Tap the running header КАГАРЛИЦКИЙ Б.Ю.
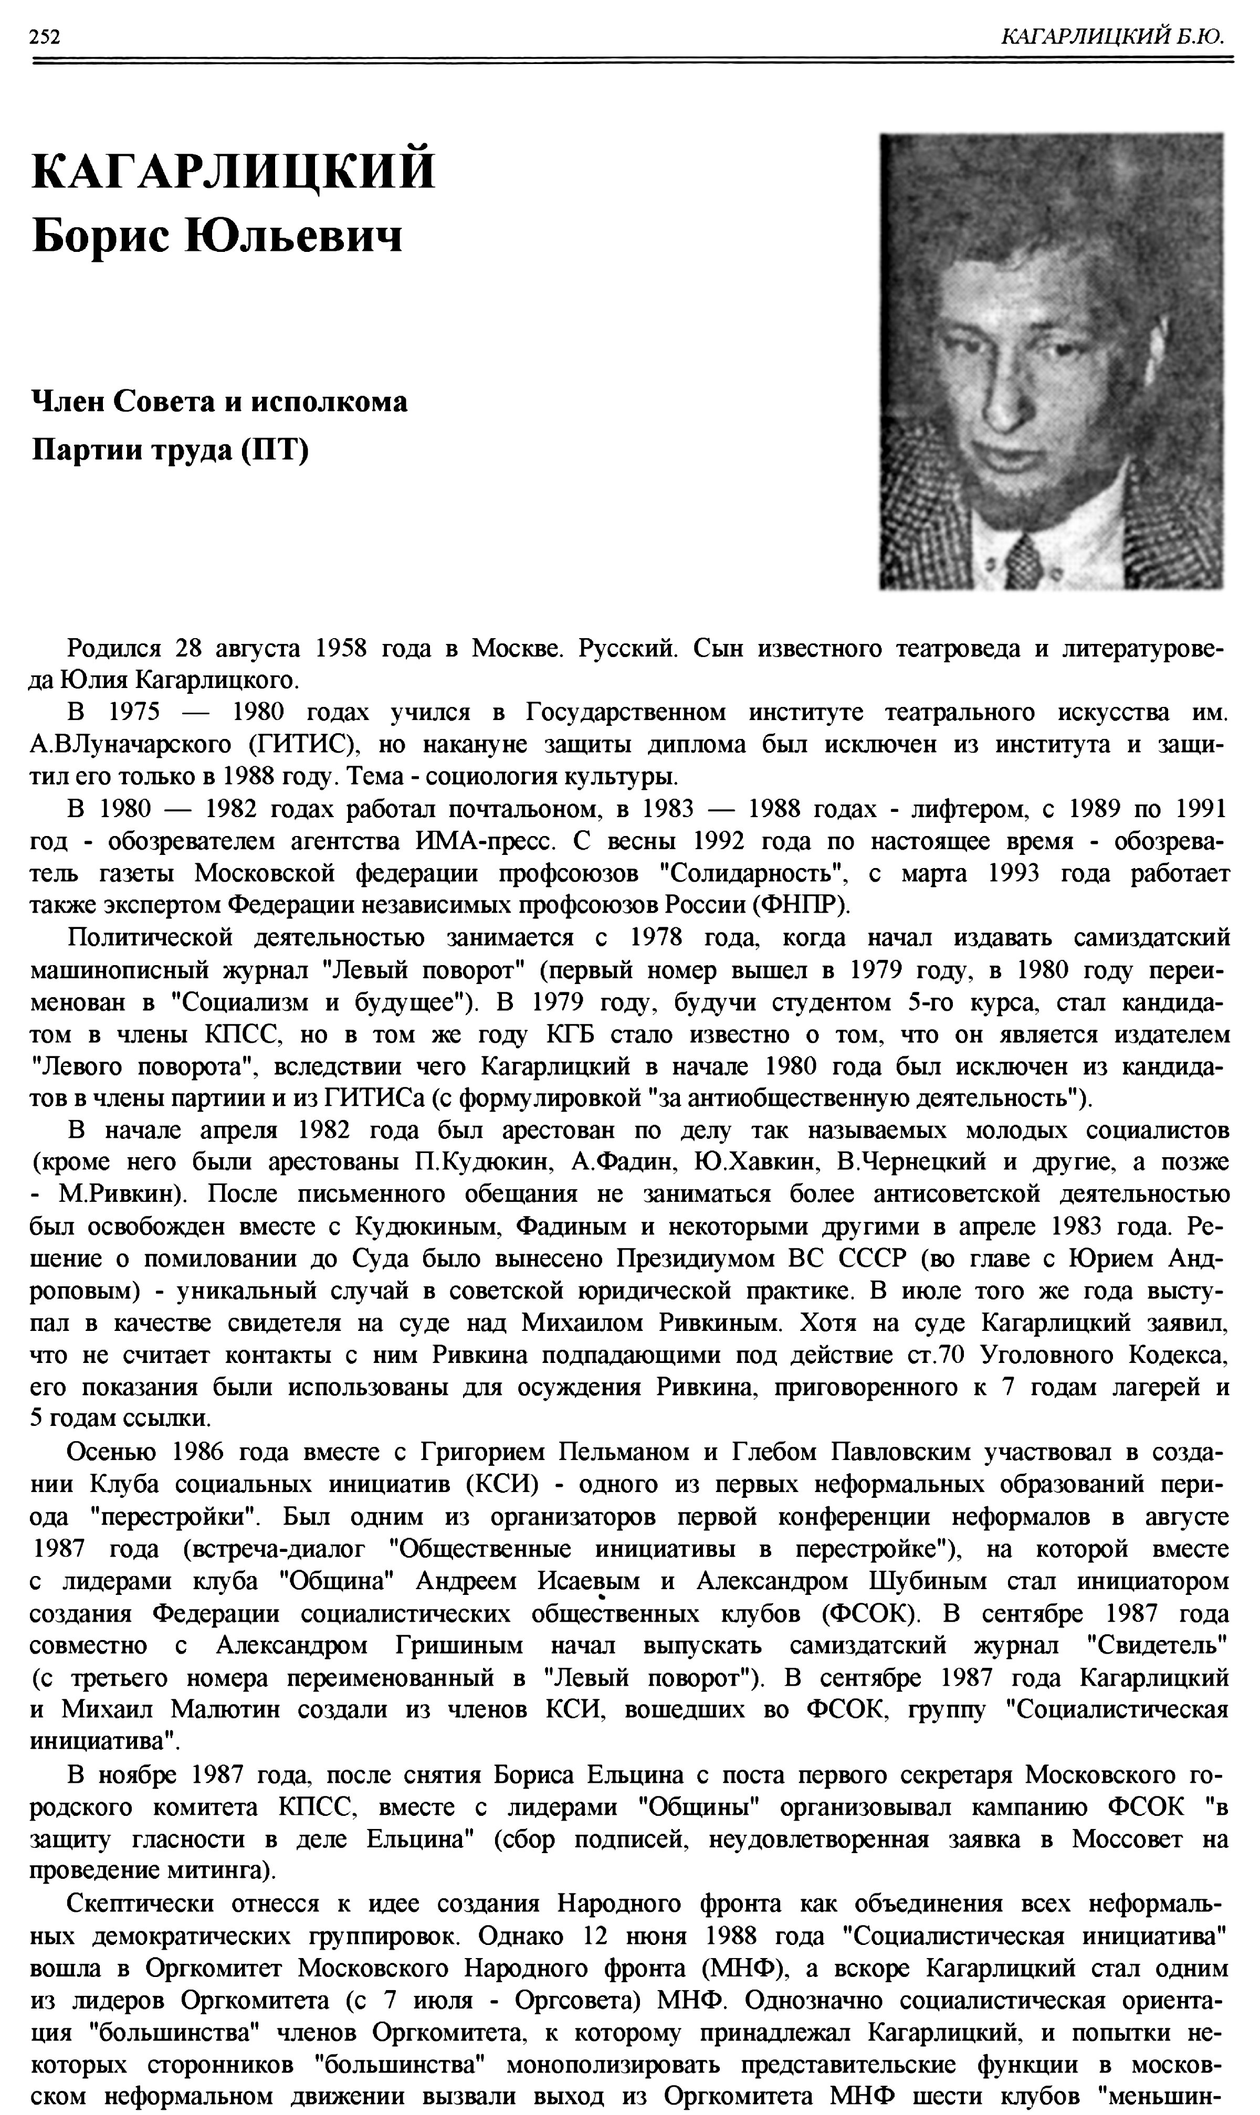click(x=1113, y=36)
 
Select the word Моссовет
click(x=1127, y=1838)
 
